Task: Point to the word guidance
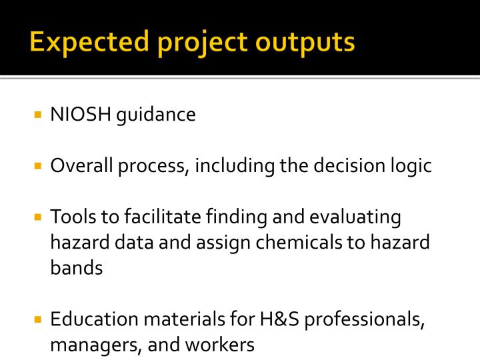[157, 116]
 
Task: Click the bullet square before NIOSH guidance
[39, 115]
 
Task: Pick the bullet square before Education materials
[39, 319]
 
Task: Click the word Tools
[71, 217]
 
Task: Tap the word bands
[77, 268]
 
